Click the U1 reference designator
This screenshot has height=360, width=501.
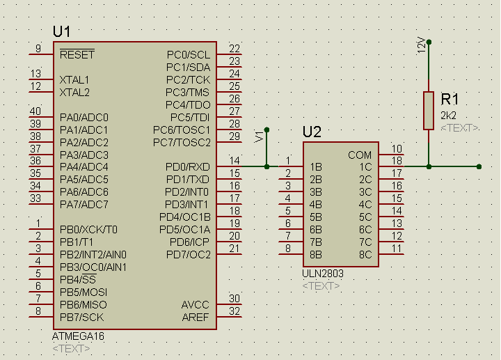[x=61, y=32]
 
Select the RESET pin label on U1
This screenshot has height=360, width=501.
[x=77, y=54]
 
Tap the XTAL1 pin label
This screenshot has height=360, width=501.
[x=74, y=79]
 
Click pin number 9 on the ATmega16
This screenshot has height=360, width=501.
[x=38, y=48]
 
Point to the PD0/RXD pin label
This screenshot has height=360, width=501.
[x=188, y=167]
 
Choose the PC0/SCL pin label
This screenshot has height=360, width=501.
[x=189, y=54]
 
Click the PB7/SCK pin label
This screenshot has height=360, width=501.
[x=82, y=318]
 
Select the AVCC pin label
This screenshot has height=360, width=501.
[x=195, y=305]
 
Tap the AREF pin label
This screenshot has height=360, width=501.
[x=196, y=318]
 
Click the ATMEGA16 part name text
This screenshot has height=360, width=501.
[x=77, y=336]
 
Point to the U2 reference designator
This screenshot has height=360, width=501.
[x=312, y=132]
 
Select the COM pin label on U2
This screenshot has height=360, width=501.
[x=360, y=155]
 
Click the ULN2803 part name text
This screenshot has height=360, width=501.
[x=323, y=274]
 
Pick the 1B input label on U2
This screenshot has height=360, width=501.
[x=315, y=167]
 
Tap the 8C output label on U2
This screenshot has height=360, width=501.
[x=365, y=255]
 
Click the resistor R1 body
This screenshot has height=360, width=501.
[x=429, y=110]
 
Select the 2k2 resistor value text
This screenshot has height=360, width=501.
[x=449, y=116]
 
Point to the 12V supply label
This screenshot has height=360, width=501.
[x=420, y=46]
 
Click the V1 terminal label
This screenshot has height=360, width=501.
[x=260, y=136]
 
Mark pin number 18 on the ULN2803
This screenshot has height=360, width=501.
[x=397, y=161]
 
